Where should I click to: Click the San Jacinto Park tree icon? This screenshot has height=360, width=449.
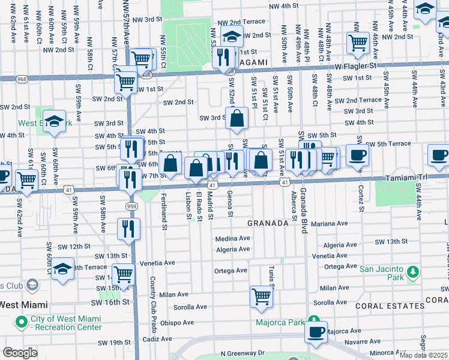pos(412,273)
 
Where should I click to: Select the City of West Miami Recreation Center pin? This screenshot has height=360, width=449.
pos(22,322)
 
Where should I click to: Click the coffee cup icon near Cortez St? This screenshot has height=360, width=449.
pos(357,155)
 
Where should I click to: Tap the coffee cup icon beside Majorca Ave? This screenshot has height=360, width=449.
pos(316,331)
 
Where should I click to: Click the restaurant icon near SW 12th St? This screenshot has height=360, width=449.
pos(128,229)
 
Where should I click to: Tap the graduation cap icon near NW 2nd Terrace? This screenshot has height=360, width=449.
pos(231,35)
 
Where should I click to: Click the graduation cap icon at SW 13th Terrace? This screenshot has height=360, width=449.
pos(62,268)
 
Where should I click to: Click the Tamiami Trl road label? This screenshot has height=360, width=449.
pos(427,178)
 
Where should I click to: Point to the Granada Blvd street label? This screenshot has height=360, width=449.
pos(304,203)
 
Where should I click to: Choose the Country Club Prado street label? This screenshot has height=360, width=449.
pos(153,298)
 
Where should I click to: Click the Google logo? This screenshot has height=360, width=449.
pos(20,353)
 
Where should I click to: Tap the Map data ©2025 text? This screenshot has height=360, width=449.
pos(424,355)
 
